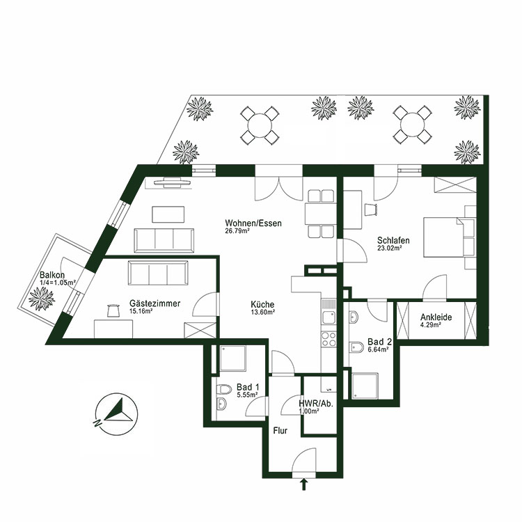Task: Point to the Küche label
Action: [x=263, y=304]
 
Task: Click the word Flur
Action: [x=280, y=439]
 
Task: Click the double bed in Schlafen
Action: [x=448, y=237]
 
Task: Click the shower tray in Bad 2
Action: [x=367, y=386]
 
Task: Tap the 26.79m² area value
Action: [x=237, y=231]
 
